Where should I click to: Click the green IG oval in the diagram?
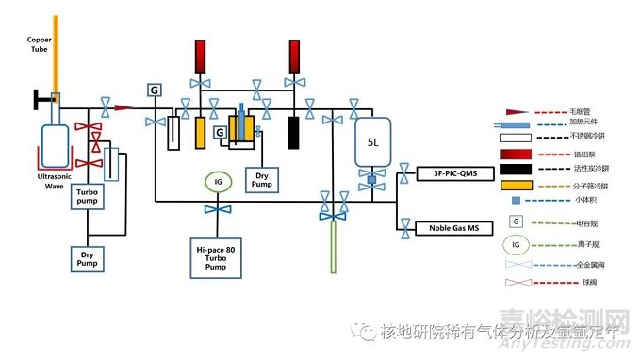pos(218,180)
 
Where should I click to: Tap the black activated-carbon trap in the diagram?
pos(295,130)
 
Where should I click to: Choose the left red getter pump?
pos(200,57)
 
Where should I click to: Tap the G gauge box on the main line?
pos(154,89)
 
